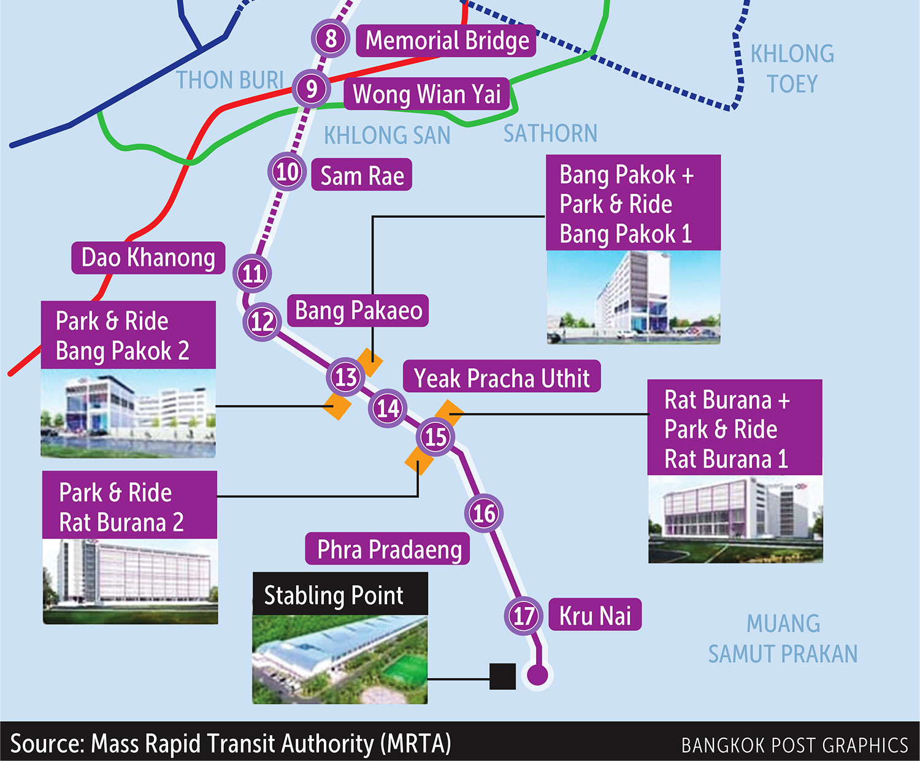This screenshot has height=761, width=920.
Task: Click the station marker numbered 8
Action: [331, 38]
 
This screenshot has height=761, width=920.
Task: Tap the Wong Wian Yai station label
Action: [427, 94]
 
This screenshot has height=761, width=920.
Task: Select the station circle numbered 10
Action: [287, 172]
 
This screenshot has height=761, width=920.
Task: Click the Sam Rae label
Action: [362, 176]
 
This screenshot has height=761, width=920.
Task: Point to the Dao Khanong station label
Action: [148, 258]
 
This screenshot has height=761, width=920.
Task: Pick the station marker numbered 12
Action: [263, 321]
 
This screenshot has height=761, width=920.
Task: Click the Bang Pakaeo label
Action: [358, 311]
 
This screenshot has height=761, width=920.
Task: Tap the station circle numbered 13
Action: [346, 377]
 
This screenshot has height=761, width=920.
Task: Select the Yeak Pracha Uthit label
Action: [502, 377]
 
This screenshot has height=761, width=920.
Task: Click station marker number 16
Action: [484, 513]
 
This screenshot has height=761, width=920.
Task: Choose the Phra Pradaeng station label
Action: [389, 549]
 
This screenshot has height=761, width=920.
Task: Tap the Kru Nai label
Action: [595, 615]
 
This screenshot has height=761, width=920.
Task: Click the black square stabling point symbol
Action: [502, 676]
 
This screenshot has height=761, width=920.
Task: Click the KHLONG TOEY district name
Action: [792, 68]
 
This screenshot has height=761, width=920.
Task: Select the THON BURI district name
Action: [230, 80]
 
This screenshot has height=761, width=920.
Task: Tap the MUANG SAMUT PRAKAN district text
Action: [783, 638]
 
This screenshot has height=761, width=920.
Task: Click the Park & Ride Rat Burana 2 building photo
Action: [130, 581]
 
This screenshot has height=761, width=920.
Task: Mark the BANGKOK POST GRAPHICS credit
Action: [794, 744]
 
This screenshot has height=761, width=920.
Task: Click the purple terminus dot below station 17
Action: [537, 675]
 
